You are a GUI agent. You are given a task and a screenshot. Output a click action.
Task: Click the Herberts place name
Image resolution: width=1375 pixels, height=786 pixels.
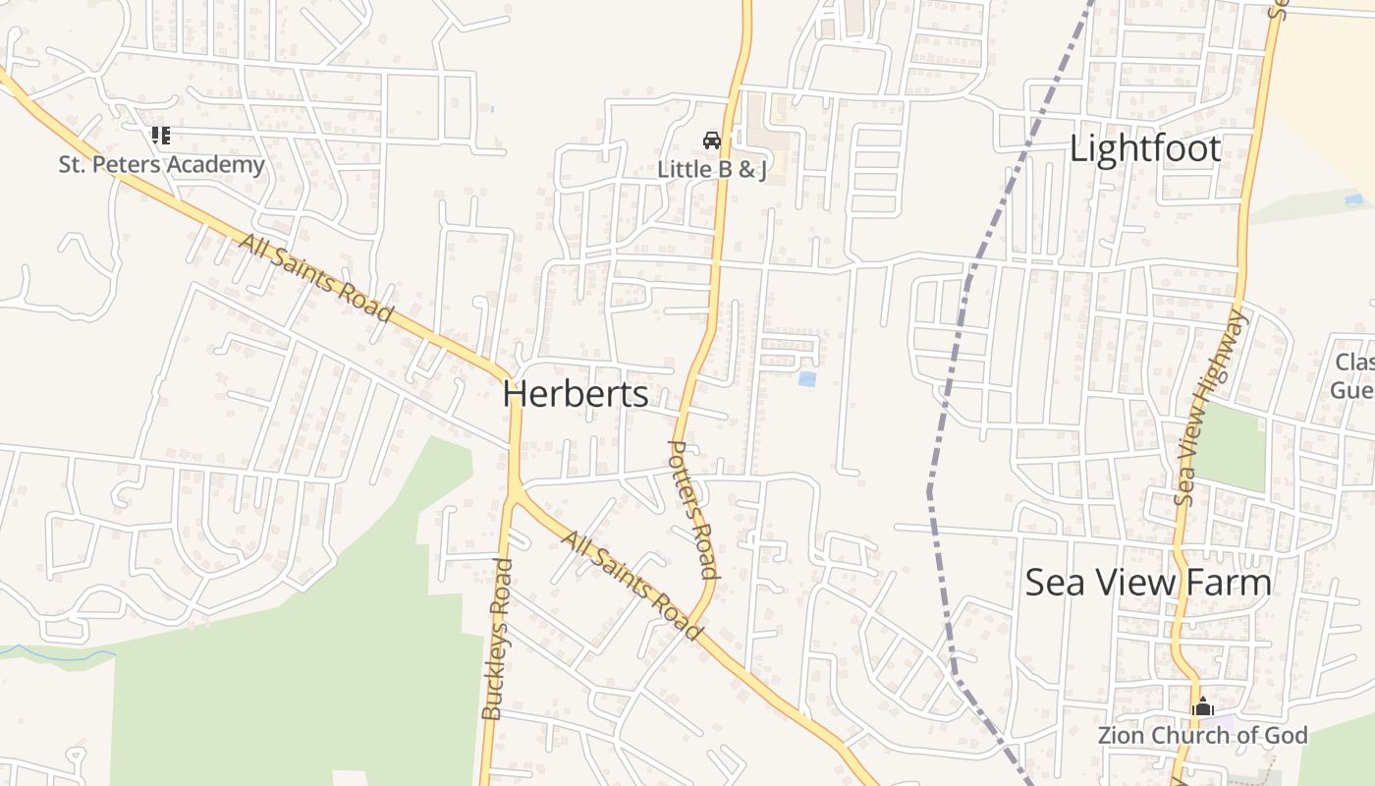575,394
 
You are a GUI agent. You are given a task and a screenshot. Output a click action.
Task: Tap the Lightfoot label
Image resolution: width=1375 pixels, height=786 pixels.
1144,149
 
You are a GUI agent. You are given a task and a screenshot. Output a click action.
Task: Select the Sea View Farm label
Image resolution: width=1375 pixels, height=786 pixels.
1147,583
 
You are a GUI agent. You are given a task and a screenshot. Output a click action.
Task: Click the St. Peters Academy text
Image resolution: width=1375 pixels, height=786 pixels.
161,164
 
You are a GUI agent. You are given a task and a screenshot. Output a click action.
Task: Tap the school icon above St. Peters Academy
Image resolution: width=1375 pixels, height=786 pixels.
160,136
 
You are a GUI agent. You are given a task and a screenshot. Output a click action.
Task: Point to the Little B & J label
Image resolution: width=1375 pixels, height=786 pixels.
711,169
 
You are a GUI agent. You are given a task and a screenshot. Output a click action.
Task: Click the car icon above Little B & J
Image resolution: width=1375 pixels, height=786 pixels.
712,140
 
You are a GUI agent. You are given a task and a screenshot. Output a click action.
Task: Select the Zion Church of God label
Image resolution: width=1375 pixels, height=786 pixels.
1202,735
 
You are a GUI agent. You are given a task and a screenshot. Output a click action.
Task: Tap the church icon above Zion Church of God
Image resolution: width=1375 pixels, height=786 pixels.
1203,706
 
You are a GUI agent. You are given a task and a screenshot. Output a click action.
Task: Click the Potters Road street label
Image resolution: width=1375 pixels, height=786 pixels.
692,509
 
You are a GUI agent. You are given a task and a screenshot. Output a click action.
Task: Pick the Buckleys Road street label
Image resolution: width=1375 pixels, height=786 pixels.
498,639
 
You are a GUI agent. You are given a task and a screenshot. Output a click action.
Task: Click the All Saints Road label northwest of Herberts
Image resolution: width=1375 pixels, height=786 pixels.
316,279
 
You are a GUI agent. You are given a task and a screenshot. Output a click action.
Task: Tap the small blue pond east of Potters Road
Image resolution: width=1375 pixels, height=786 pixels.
806,379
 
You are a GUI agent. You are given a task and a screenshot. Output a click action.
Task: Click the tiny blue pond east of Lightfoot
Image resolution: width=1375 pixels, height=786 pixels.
1353,199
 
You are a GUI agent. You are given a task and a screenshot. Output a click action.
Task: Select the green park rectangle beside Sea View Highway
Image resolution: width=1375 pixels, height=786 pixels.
1231,447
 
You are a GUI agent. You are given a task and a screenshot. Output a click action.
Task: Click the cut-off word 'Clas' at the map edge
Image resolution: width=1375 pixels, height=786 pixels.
1354,363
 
